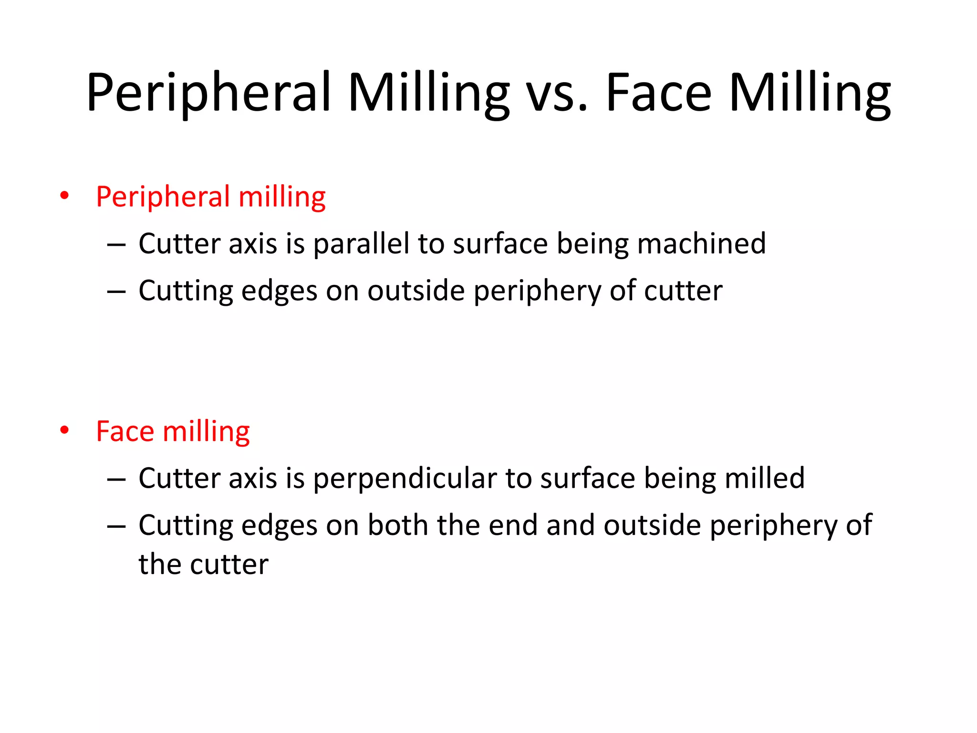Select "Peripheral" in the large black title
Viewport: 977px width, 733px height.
208,93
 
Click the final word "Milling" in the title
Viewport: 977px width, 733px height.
810,93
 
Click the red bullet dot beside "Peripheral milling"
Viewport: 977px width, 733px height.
64,195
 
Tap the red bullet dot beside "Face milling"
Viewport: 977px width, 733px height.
64,430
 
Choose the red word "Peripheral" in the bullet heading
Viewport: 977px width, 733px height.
163,197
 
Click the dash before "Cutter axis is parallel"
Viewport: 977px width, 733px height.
116,245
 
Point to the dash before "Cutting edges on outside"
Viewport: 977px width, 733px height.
116,292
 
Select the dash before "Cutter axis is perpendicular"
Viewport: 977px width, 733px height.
116,479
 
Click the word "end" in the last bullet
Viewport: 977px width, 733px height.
513,525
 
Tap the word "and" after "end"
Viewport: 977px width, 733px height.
570,525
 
